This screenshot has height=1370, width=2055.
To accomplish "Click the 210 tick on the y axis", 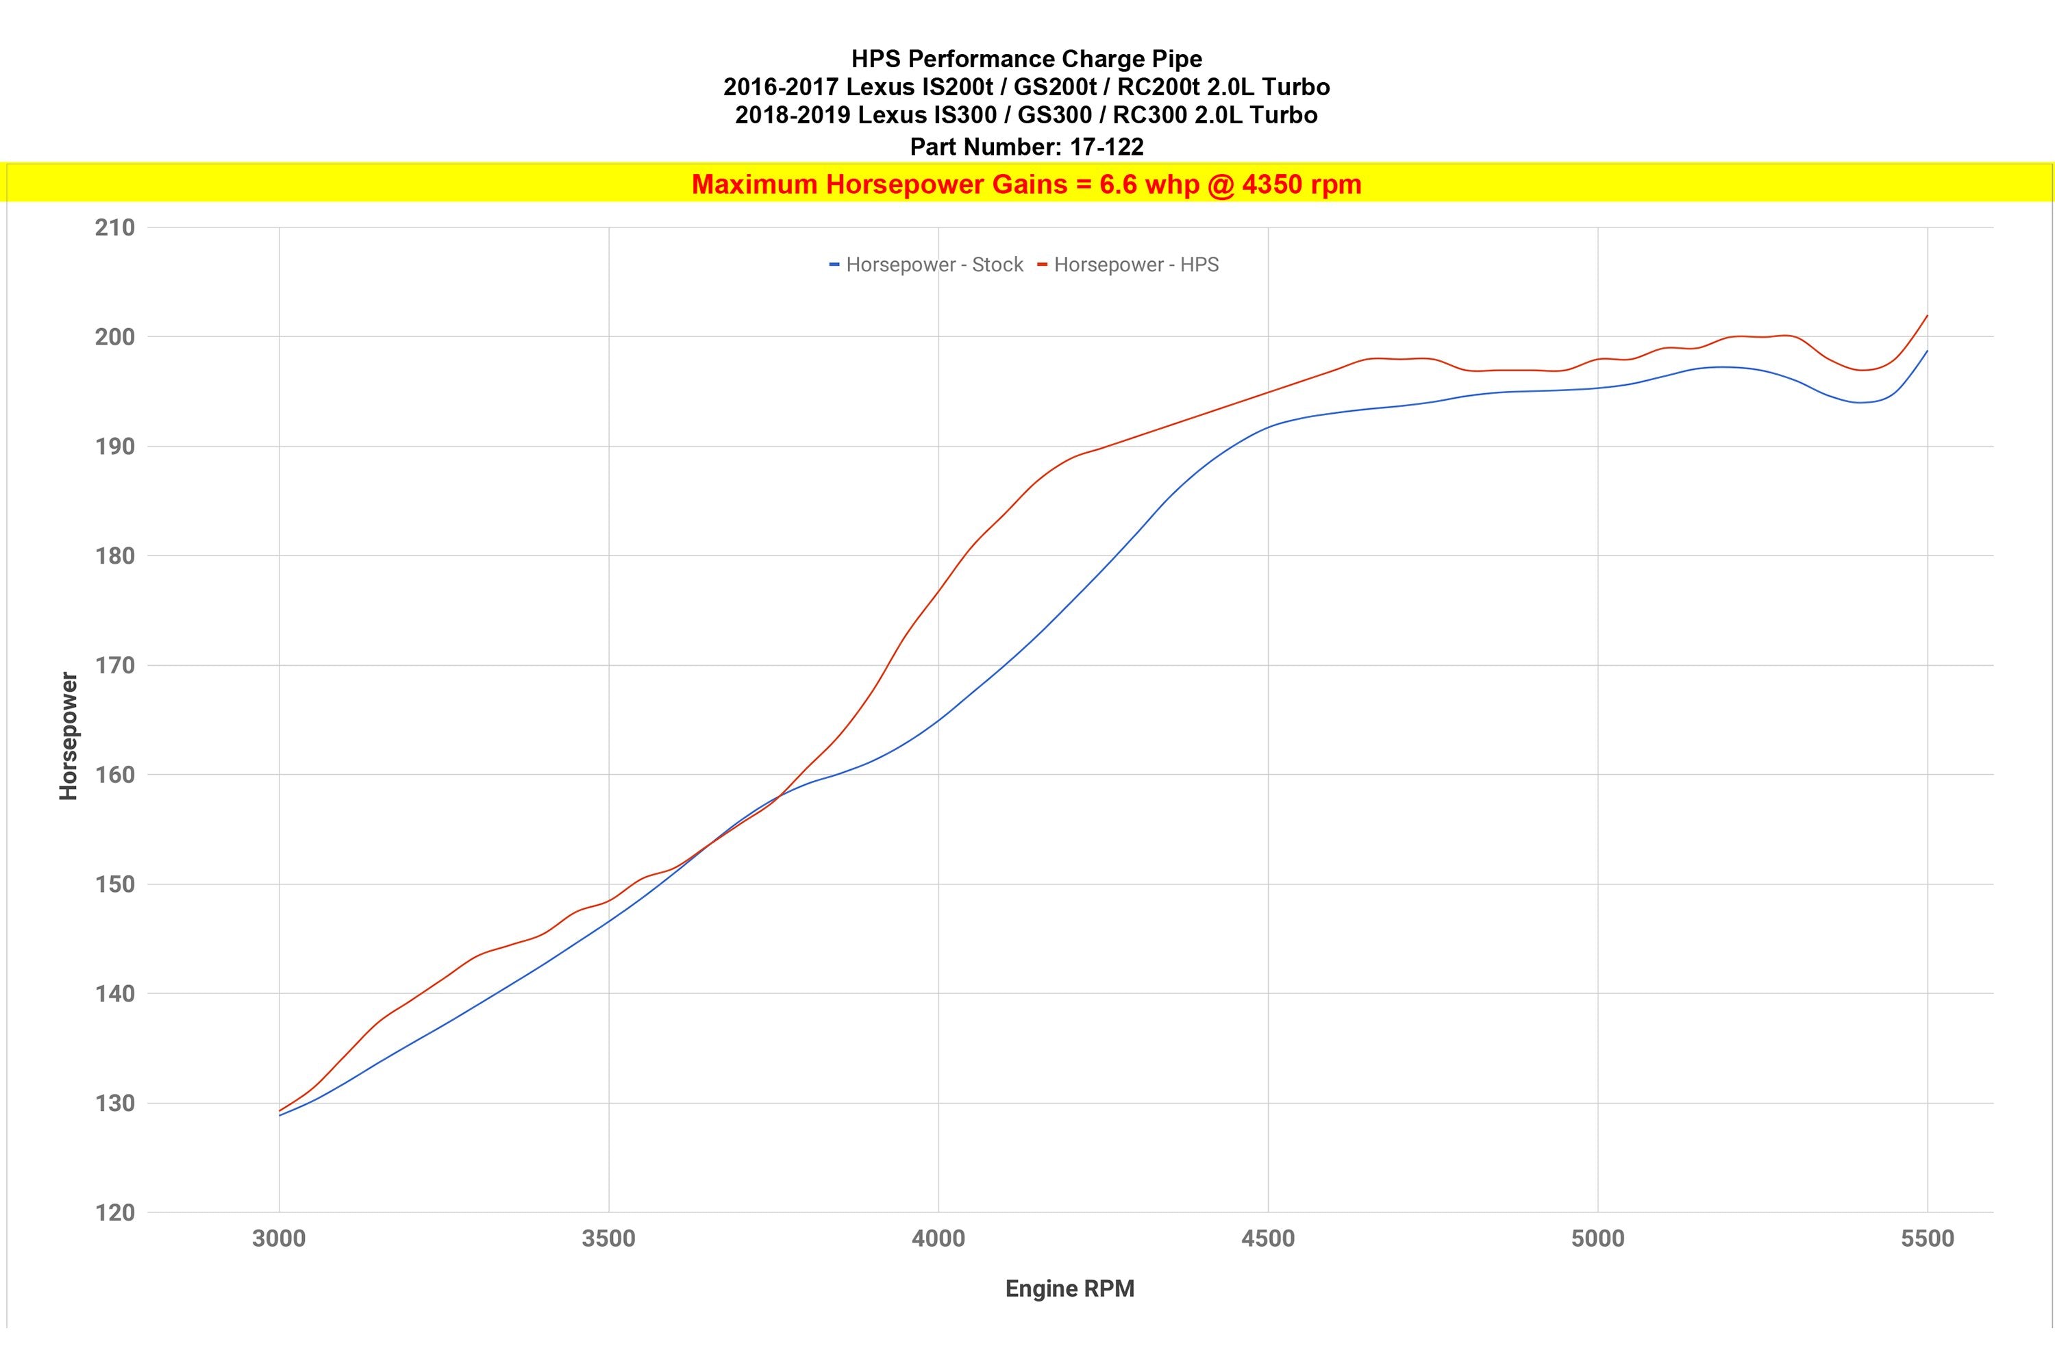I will click(x=114, y=228).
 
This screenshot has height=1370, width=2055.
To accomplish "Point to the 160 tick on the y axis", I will click(x=114, y=775).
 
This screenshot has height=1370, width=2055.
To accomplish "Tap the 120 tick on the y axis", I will click(x=114, y=1212).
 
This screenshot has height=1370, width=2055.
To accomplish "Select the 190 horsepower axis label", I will click(x=114, y=447).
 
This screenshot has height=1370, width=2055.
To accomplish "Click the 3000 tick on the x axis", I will click(x=279, y=1239).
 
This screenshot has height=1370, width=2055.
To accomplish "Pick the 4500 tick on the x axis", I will click(x=1268, y=1239).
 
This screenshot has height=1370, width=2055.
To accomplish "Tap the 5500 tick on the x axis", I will click(x=1926, y=1239).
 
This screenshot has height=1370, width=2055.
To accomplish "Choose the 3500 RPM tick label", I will click(x=608, y=1239).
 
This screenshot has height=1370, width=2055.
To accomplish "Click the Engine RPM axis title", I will click(x=1069, y=1288).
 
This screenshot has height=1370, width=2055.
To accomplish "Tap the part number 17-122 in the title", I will click(x=1106, y=147).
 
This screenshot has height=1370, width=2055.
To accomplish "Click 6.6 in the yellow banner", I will click(x=1119, y=184).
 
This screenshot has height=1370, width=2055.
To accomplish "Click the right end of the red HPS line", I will click(x=1926, y=316).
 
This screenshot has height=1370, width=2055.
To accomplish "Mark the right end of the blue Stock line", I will click(x=1926, y=351).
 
